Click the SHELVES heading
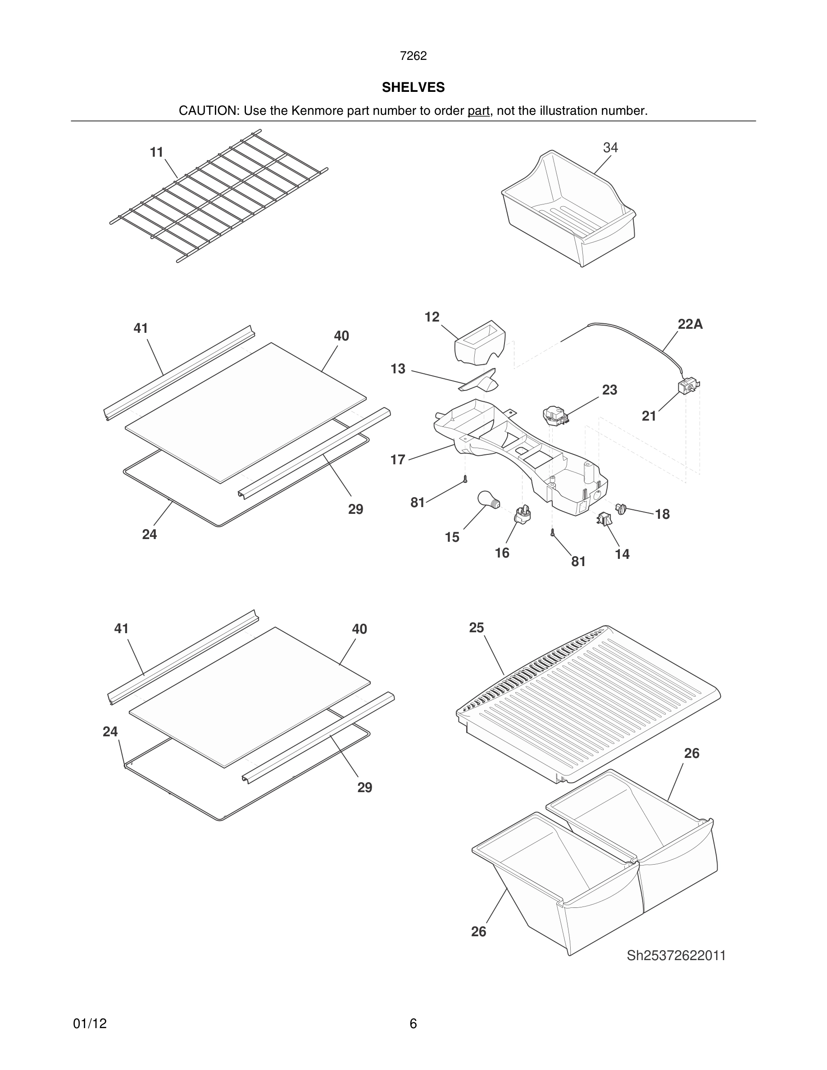(x=413, y=87)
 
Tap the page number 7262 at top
(x=413, y=56)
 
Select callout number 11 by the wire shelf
(x=156, y=152)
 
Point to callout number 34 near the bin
(x=610, y=147)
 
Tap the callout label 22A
(x=690, y=324)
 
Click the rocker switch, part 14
(x=604, y=518)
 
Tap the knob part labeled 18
(x=622, y=508)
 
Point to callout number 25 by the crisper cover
(x=476, y=628)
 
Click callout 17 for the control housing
(x=397, y=459)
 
